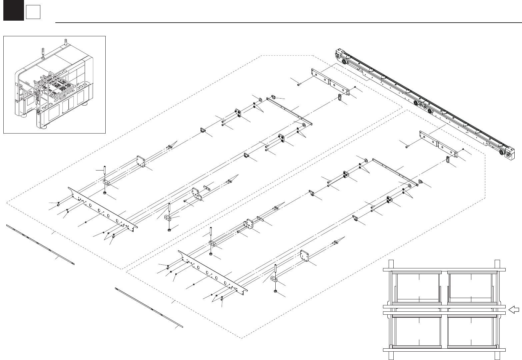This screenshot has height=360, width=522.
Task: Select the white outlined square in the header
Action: tap(33, 12)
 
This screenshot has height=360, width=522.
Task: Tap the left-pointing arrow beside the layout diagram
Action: tap(514, 310)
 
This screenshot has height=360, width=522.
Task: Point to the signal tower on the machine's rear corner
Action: tap(65, 42)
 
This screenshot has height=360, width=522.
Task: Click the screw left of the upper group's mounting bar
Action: tap(299, 84)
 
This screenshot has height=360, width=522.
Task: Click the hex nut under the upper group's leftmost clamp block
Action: tap(105, 193)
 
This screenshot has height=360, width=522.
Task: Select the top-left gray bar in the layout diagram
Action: tap(417, 272)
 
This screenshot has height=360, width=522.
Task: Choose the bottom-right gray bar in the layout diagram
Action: tap(472, 347)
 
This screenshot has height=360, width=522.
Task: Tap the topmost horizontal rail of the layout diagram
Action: tap(444, 269)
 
